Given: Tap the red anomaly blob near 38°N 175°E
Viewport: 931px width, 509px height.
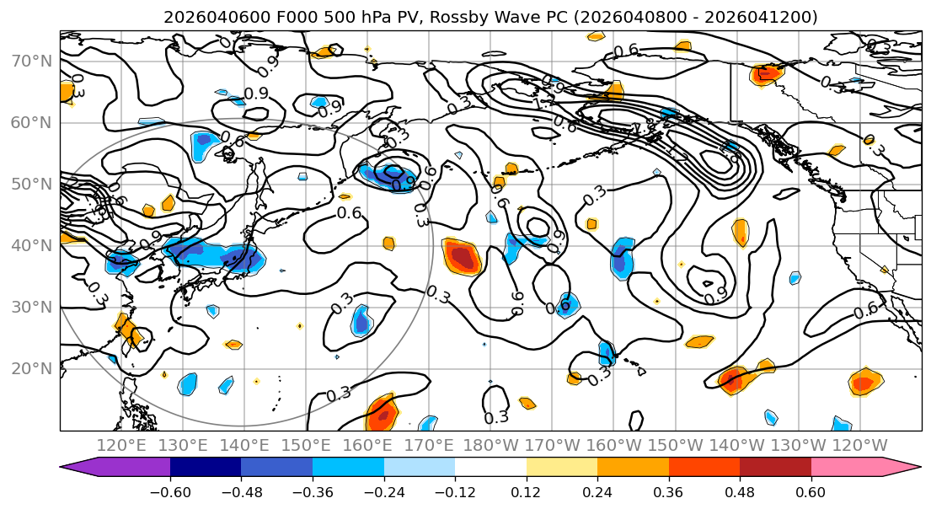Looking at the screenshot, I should [462, 255].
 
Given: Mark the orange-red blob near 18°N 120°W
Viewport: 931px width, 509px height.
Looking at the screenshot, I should [864, 383].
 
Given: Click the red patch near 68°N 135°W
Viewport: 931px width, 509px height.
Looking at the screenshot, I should [768, 73].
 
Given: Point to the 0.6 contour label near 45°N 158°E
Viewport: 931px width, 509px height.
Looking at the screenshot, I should [349, 213].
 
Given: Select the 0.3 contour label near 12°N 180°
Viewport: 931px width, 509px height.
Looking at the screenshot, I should [496, 416].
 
